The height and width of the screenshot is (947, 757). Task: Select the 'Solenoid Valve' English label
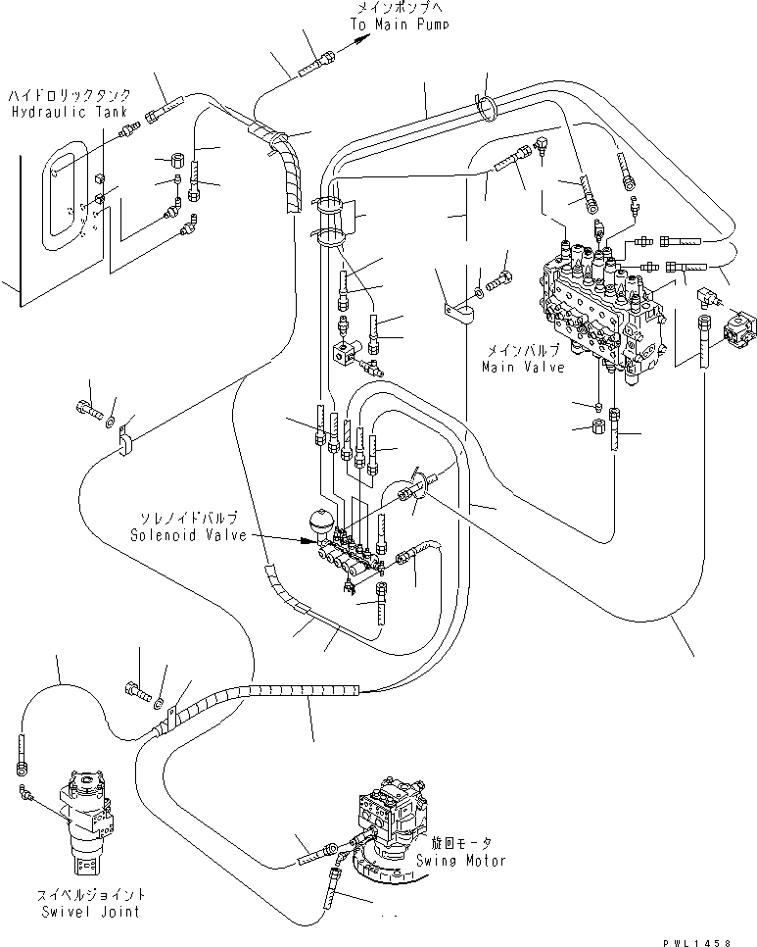[x=182, y=534]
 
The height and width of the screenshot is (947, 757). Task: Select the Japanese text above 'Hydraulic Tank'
[x=56, y=97]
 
